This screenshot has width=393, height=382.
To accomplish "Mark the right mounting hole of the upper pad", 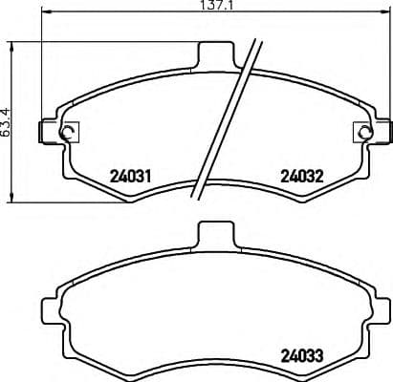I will click(x=360, y=133).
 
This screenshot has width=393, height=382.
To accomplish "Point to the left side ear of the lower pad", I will click(x=48, y=310).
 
